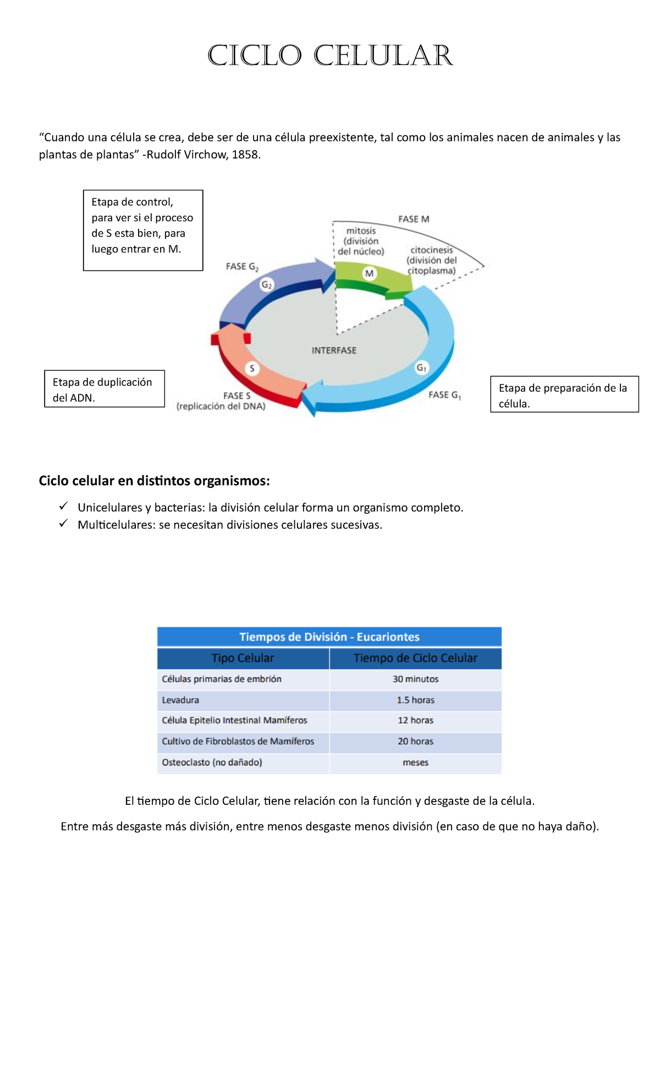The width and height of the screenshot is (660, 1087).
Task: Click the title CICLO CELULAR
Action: coord(330,56)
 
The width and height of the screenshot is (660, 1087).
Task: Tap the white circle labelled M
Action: coord(370,273)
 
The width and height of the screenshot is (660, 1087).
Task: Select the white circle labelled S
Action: coord(252,368)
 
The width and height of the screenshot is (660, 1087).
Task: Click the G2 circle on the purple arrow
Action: coord(267,284)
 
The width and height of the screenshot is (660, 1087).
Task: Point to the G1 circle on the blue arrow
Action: coord(421,367)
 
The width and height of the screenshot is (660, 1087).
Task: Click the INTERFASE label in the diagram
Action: coord(334,350)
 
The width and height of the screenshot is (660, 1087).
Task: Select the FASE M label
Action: coord(414,219)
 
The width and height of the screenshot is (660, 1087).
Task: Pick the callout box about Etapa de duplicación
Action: coord(105,389)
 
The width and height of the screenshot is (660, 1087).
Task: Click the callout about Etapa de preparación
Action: coord(564,394)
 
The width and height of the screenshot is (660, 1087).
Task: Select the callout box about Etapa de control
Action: coord(143,230)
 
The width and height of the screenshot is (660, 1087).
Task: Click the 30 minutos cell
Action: coord(416,679)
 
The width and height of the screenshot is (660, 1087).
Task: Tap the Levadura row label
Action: coord(180,700)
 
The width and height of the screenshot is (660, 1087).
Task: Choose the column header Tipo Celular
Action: coord(243,658)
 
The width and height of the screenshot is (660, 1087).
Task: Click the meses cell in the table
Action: coord(416,763)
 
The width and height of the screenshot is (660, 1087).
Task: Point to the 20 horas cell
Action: coord(416,742)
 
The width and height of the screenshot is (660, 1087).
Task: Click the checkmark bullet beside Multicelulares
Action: coord(63,523)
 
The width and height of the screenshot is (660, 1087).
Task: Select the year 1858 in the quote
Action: coord(245,155)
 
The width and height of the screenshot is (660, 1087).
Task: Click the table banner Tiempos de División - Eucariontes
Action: coord(329,637)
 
